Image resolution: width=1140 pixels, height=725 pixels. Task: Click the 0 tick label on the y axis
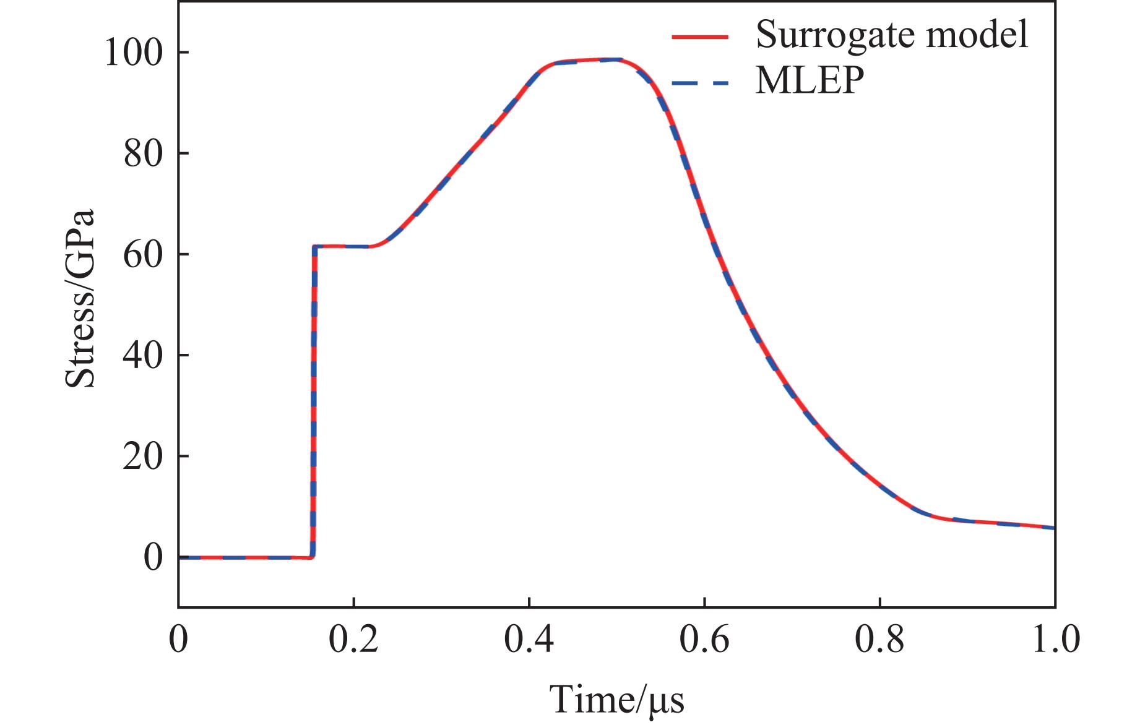point(153,557)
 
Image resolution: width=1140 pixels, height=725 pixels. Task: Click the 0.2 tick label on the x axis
point(353,640)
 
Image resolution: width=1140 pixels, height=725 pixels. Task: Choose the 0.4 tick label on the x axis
point(529,640)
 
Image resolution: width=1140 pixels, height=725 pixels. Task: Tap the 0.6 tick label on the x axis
point(704,640)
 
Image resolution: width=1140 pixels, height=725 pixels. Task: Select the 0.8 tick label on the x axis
point(879,640)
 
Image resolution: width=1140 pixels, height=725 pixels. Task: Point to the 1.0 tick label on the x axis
point(1055,640)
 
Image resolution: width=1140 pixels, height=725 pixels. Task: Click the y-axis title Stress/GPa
point(80,298)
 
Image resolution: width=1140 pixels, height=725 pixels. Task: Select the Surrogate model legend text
point(892,35)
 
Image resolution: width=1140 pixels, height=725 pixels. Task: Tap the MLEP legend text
point(810,80)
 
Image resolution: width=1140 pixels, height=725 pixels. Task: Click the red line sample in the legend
point(700,37)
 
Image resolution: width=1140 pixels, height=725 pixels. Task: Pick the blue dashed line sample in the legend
point(700,82)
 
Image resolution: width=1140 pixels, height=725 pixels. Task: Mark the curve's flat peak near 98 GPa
point(594,61)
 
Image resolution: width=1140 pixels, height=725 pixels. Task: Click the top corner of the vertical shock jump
point(315,247)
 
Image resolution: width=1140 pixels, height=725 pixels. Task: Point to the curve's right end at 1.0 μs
point(1053,528)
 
